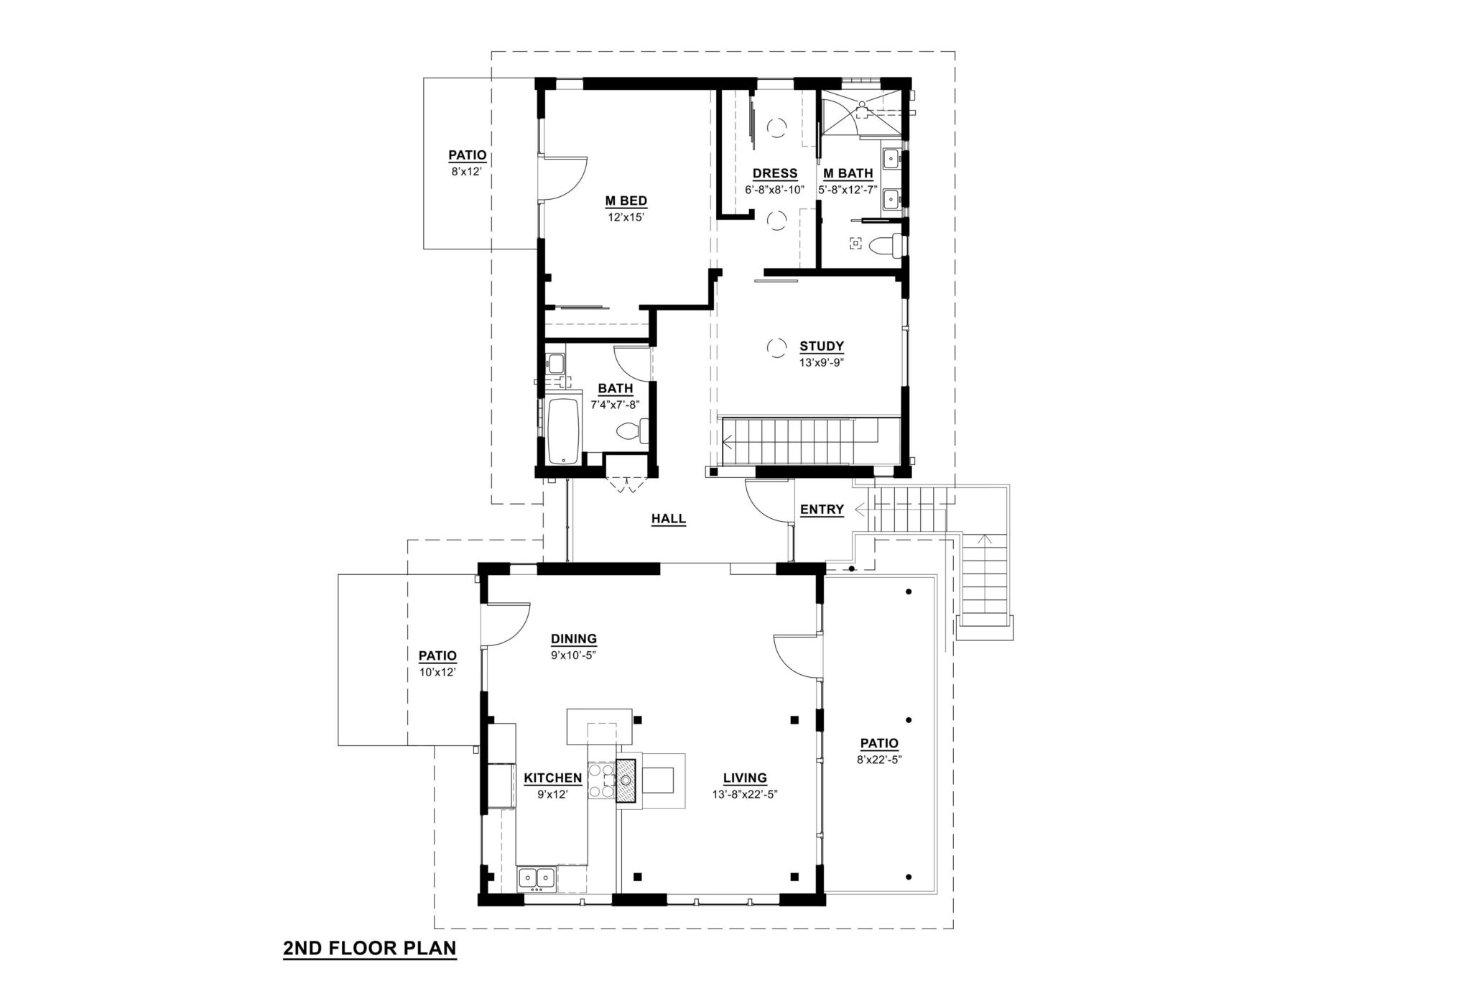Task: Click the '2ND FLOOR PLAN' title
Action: pos(370,948)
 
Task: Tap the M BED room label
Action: pos(626,201)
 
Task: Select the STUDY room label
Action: pos(822,346)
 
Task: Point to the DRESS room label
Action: pos(774,173)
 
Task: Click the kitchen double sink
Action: pos(536,878)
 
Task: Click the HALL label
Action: pos(668,519)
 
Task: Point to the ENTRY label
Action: pos(822,510)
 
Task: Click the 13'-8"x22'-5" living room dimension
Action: pos(745,794)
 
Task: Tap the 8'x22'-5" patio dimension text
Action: pos(878,760)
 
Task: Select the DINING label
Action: pos(574,639)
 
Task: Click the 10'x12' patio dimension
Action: pos(437,672)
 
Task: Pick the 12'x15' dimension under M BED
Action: pos(626,216)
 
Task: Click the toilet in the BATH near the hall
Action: pos(632,431)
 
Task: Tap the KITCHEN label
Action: pos(552,778)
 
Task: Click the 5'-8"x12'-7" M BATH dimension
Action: pos(848,190)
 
